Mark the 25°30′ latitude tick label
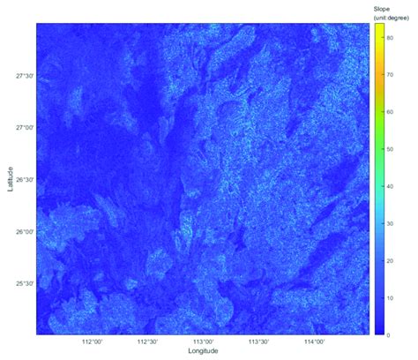pyautogui.click(x=25, y=283)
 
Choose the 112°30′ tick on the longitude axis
pyautogui.click(x=147, y=341)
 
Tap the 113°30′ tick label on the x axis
pyautogui.click(x=258, y=341)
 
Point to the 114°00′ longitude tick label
pyautogui.click(x=314, y=341)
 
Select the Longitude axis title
pyautogui.click(x=204, y=351)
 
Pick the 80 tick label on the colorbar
pyautogui.click(x=390, y=34)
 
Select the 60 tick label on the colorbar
pyautogui.click(x=390, y=112)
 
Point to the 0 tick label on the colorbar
pyautogui.click(x=388, y=335)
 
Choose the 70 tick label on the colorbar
pyautogui.click(x=390, y=74)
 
